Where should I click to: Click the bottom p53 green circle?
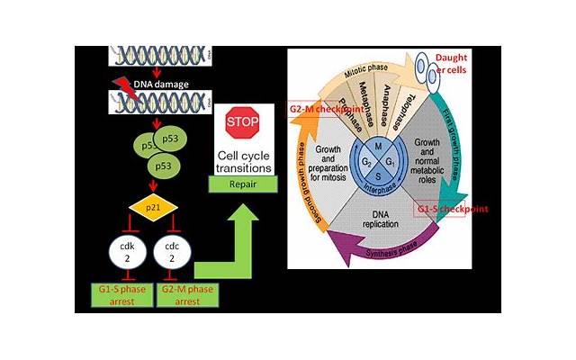(162, 167)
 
